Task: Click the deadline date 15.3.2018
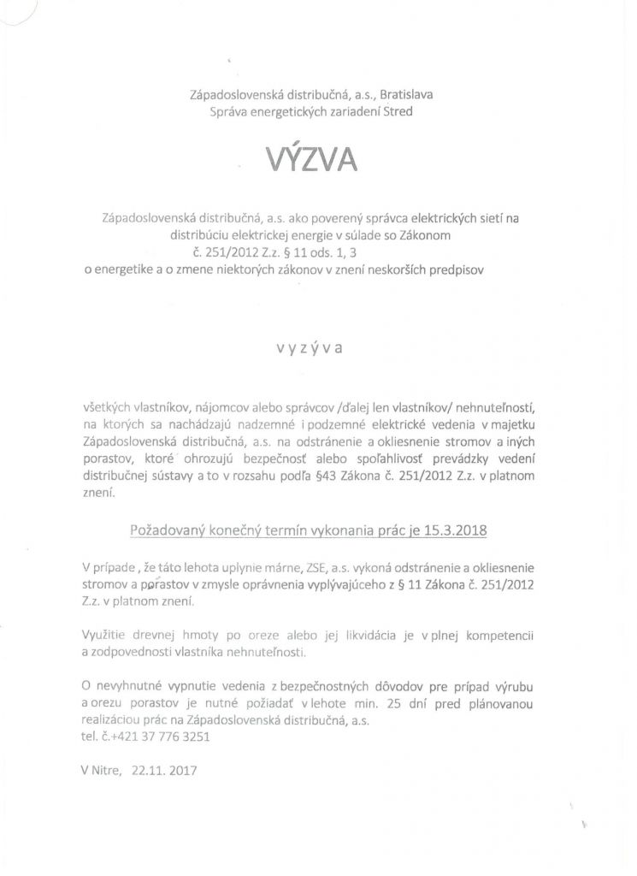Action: (456, 530)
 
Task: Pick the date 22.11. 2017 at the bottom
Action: (164, 770)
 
